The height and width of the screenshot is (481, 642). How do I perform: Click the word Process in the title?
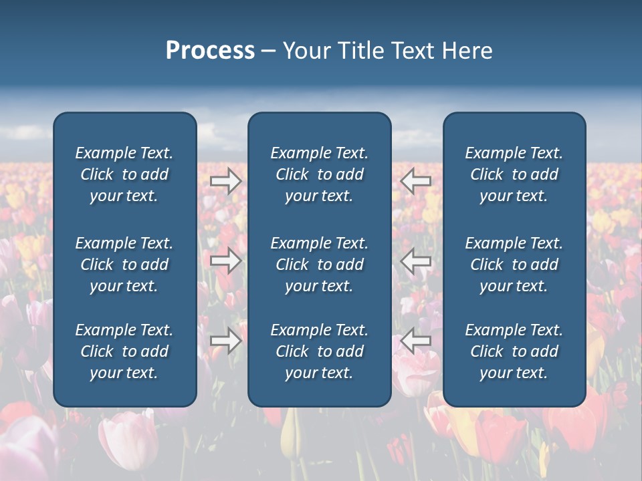click(x=210, y=51)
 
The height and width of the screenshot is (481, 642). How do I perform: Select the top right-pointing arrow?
click(x=226, y=181)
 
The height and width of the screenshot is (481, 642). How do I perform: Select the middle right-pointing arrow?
click(x=226, y=261)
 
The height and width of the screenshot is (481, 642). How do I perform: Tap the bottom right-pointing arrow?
click(x=226, y=341)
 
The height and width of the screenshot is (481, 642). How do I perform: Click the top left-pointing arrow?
click(x=416, y=181)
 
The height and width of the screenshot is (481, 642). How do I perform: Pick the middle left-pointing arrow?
click(x=416, y=261)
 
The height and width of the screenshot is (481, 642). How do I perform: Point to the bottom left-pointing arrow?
click(x=416, y=341)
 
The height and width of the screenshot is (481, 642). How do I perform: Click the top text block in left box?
click(x=124, y=174)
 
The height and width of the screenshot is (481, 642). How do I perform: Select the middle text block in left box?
click(x=124, y=265)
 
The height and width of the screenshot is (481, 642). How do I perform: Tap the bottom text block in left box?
click(x=124, y=351)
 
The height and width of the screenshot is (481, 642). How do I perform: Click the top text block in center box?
click(x=319, y=174)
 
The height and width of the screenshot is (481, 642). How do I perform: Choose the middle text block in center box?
click(x=319, y=265)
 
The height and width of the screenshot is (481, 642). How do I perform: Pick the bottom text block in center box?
click(x=319, y=351)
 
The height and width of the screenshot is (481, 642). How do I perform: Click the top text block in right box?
click(x=514, y=174)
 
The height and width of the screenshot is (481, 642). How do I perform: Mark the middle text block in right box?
click(x=514, y=265)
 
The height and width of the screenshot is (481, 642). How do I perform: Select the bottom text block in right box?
click(x=514, y=351)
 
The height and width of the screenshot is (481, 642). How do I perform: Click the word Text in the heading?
click(x=412, y=51)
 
